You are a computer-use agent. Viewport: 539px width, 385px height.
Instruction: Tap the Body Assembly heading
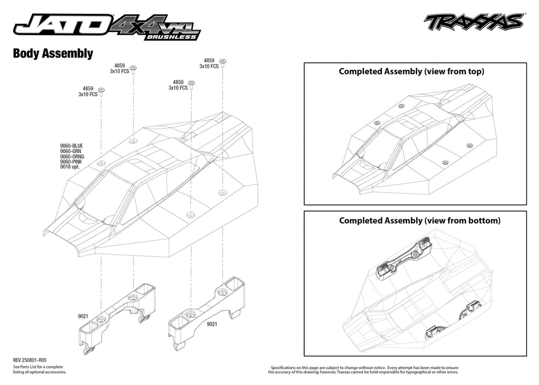point(52,53)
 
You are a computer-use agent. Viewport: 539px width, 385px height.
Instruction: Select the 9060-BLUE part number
point(72,146)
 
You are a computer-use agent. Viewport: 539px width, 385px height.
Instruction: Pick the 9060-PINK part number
point(72,162)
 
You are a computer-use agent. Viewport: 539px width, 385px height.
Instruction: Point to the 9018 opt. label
point(70,167)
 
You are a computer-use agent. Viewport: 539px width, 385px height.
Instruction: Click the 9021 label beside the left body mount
point(84,316)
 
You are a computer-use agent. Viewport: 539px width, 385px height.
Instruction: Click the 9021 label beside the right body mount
point(212,324)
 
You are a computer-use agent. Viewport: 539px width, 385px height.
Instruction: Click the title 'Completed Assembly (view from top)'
point(411,71)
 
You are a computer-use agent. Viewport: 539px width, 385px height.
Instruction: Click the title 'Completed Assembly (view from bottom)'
point(420,221)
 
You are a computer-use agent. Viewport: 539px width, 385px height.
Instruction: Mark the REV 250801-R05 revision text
point(35,360)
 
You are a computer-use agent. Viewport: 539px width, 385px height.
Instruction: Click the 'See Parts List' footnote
point(38,369)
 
